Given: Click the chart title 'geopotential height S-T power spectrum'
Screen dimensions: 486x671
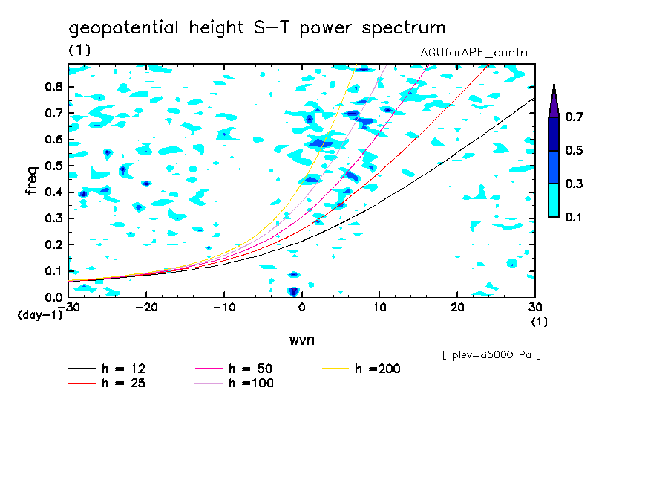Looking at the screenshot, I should pyautogui.click(x=257, y=29).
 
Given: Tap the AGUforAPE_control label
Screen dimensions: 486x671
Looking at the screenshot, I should pyautogui.click(x=477, y=53).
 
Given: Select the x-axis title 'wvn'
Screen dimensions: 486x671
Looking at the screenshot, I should pyautogui.click(x=301, y=340).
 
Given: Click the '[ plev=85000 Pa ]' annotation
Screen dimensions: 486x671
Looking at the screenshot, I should pyautogui.click(x=491, y=355).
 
